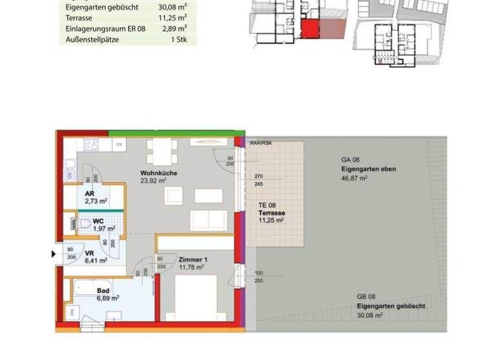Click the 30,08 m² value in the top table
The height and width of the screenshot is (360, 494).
[x=172, y=8]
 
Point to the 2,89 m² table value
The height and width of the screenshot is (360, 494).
[x=174, y=29]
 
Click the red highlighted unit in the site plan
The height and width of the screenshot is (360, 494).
[x=310, y=29]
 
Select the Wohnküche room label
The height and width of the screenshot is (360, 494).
[x=159, y=174]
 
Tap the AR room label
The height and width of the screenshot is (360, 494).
[x=89, y=193]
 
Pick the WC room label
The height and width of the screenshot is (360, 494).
[x=98, y=221]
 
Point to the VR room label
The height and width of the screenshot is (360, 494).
[x=89, y=253]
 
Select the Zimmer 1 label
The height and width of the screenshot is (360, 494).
[x=192, y=260]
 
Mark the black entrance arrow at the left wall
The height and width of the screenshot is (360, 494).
[x=54, y=255]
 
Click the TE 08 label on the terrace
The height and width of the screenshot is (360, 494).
[x=267, y=205]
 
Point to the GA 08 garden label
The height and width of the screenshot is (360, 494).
[x=349, y=160]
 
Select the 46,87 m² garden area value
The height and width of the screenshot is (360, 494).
[x=354, y=177]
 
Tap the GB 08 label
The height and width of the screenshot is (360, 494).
[x=366, y=297]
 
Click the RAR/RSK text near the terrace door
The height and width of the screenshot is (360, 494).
[x=261, y=143]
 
